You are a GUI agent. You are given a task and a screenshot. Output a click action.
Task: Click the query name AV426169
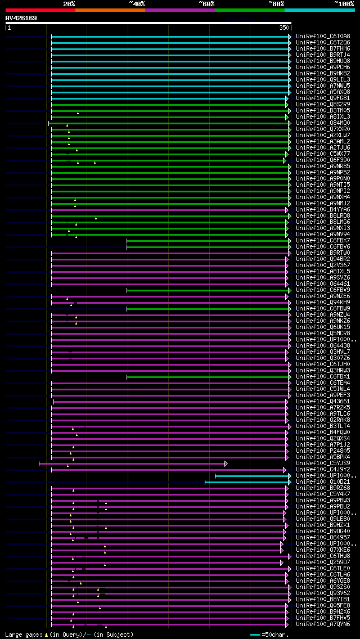click(x=21, y=18)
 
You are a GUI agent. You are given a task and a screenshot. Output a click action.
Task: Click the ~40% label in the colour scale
click(x=137, y=3)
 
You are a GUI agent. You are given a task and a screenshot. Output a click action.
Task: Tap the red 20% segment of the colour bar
click(x=40, y=10)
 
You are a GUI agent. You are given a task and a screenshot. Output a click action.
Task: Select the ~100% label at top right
click(x=344, y=3)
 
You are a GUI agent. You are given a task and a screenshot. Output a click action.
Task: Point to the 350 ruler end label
click(x=284, y=28)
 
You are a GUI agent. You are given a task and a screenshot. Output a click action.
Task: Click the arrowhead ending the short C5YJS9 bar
click(x=226, y=463)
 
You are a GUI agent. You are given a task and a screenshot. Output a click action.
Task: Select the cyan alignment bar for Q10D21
click(x=247, y=482)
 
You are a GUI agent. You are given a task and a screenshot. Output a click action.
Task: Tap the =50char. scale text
click(x=275, y=634)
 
